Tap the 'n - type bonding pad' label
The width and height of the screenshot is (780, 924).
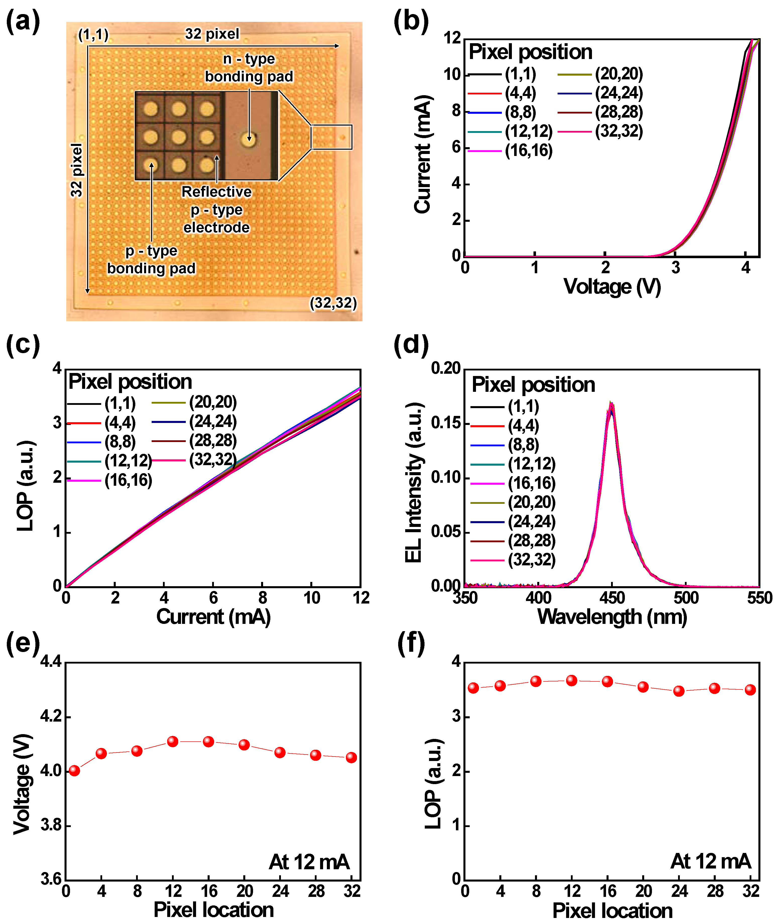tap(249, 68)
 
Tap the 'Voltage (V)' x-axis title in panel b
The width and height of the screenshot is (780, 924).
tap(612, 287)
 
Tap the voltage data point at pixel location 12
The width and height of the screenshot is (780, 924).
tap(173, 741)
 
